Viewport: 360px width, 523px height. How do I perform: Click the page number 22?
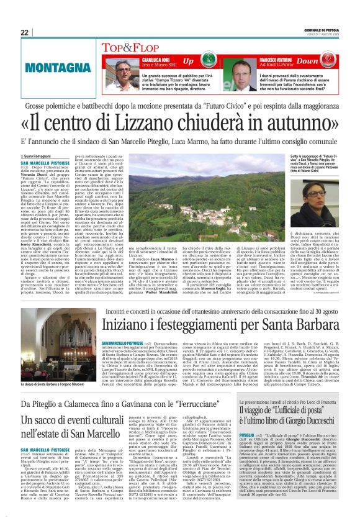(x=25, y=34)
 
